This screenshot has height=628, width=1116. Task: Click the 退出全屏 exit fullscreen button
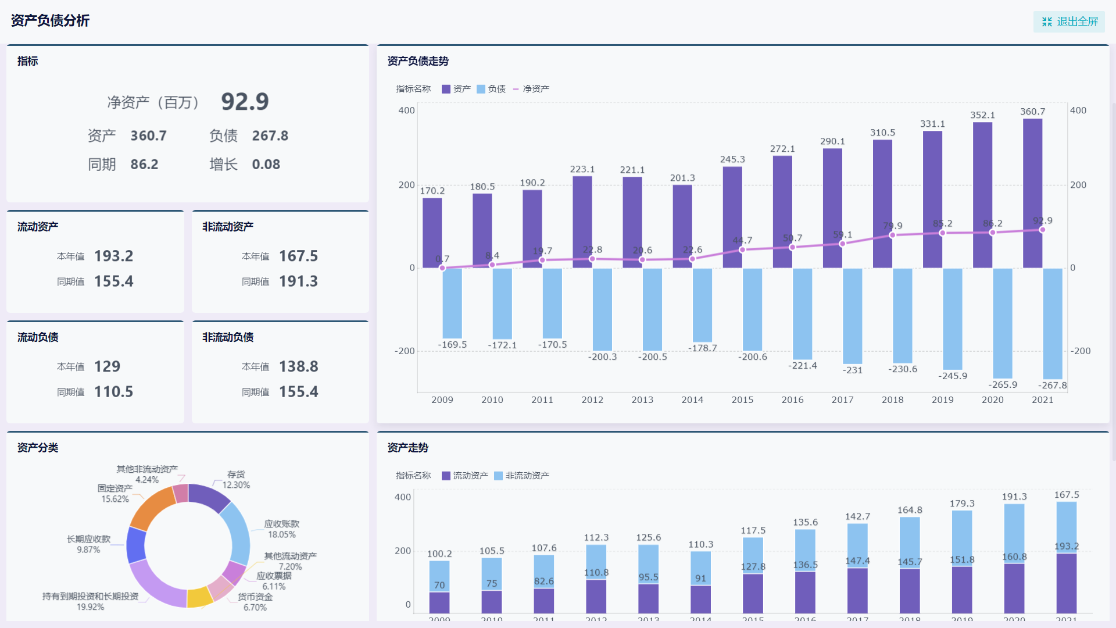coord(1069,22)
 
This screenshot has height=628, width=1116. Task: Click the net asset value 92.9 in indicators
coord(245,102)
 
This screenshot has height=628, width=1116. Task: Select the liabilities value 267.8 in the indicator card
coord(270,135)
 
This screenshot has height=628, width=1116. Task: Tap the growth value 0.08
coord(266,165)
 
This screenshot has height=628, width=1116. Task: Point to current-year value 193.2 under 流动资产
coord(113,256)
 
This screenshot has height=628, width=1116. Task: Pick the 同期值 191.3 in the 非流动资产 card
coord(298,281)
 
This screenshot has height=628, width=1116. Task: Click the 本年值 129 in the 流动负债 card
coord(107,366)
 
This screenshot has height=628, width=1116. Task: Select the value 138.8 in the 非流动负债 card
coord(298,366)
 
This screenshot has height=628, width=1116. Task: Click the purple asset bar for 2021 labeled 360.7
coord(1032,192)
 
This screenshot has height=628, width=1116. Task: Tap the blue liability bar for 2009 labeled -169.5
coord(452,302)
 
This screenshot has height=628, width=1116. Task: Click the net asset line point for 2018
coord(892,235)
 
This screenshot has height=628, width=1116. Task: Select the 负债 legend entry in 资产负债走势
coord(491,89)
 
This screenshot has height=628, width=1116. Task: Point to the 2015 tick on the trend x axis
coord(742,400)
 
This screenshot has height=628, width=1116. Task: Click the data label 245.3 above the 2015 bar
coord(732,159)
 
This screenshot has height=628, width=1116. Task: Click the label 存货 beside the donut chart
coord(235,474)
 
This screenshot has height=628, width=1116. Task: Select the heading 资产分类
coord(38,448)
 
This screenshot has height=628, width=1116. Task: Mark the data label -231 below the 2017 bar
coord(852,370)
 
